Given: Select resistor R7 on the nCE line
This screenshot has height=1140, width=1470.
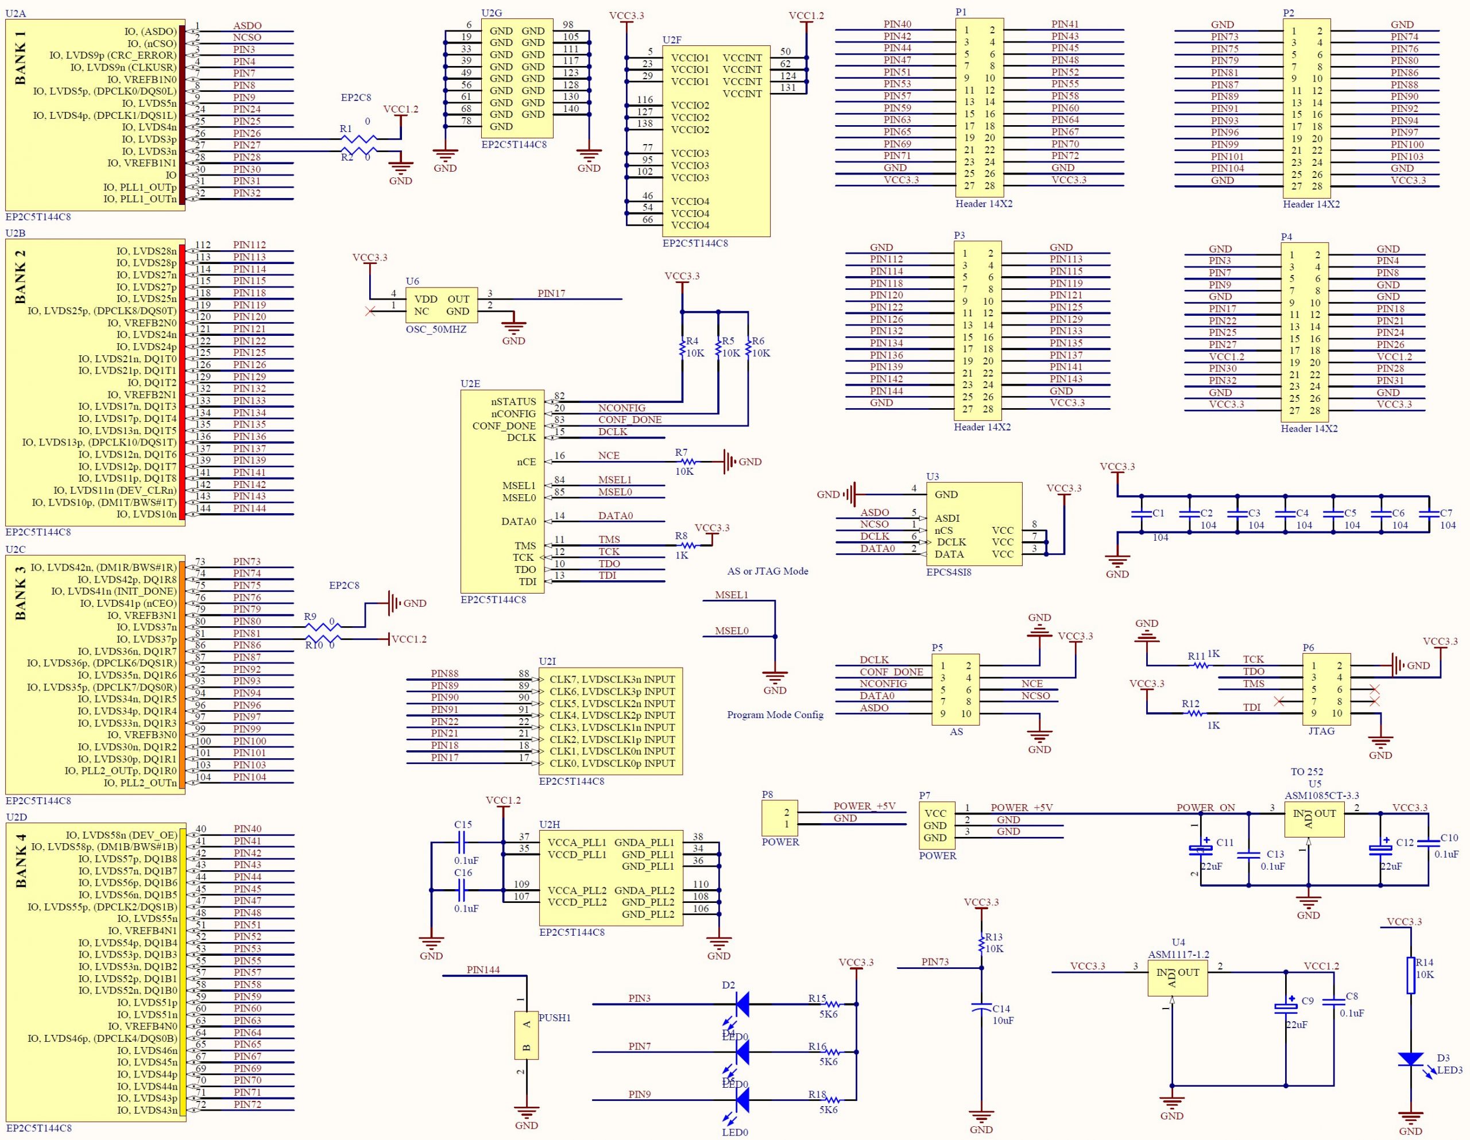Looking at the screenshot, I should click(687, 462).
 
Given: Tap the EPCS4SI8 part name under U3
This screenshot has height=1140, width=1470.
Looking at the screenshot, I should click(949, 573).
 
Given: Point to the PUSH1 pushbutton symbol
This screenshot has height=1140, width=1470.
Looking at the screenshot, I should click(527, 1035).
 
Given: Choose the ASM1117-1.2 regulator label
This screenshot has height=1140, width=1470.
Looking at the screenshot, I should click(1178, 954).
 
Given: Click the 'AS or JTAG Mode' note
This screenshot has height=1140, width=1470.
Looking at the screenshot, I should click(767, 571).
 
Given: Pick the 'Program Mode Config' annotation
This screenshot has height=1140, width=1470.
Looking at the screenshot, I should click(775, 715).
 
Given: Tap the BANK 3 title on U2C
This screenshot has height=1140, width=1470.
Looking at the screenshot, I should click(20, 592).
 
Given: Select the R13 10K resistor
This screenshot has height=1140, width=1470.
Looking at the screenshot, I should click(981, 943).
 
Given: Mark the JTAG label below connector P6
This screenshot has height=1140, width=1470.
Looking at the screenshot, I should click(1321, 731).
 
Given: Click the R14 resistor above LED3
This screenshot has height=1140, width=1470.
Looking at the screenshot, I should click(1410, 975).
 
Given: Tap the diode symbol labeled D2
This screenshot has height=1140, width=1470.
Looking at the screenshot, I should click(742, 1004).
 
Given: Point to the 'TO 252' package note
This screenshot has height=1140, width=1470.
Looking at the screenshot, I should click(1306, 771).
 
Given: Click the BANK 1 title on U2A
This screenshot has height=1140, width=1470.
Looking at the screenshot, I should click(20, 63).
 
